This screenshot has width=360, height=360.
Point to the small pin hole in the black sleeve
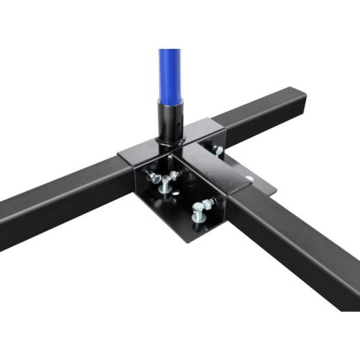tap(171, 130)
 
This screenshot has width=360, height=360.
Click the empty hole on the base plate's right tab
tap(249, 180)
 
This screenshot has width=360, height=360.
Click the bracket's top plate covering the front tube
tap(216, 173)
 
